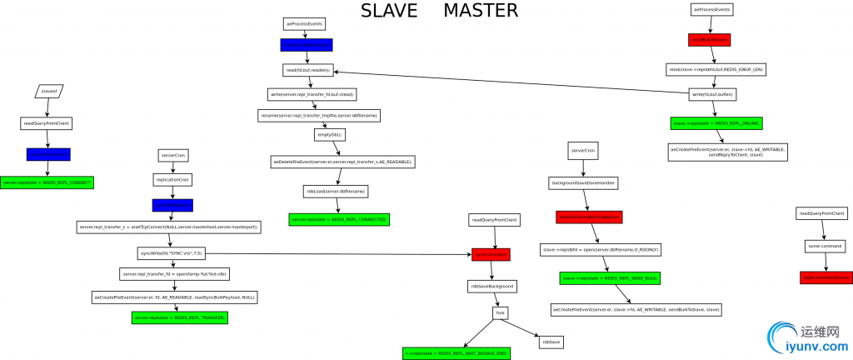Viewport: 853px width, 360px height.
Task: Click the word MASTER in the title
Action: point(480,12)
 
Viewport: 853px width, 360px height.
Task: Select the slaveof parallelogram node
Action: point(48,90)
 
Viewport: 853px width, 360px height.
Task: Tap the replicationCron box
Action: point(172,179)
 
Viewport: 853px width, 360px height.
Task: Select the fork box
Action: point(500,313)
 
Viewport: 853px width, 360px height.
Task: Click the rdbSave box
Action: point(551,342)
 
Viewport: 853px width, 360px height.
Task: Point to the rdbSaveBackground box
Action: point(492,286)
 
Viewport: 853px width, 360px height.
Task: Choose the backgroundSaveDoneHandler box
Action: point(582,182)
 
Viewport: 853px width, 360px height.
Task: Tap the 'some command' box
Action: point(826,246)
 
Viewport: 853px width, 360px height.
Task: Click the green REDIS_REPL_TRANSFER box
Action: point(180,317)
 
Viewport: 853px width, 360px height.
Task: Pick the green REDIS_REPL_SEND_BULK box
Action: point(599,278)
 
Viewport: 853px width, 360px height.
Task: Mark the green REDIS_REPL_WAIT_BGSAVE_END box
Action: point(456,353)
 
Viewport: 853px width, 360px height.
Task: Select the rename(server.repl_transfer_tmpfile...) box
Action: point(318,115)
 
